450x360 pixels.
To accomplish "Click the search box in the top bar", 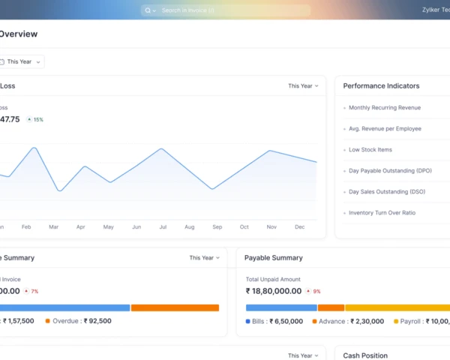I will (225, 10).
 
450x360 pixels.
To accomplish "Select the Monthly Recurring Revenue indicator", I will (384, 108).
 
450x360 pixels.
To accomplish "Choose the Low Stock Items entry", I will (370, 150).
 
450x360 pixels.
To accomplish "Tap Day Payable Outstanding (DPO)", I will (390, 171).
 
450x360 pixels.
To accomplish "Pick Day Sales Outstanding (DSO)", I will (387, 192).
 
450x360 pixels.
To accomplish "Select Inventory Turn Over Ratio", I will (382, 213).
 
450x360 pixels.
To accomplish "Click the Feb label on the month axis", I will (26, 226).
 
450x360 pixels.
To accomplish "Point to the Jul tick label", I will (162, 226).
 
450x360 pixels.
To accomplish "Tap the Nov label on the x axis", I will (271, 226).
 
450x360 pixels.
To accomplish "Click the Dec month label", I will (300, 226).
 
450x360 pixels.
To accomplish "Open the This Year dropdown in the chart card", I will (303, 86).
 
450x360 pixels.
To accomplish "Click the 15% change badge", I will (35, 119).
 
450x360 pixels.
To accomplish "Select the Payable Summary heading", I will (274, 258).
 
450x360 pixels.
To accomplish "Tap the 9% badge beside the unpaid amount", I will (316, 291).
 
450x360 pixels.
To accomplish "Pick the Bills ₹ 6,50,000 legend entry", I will (274, 321).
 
